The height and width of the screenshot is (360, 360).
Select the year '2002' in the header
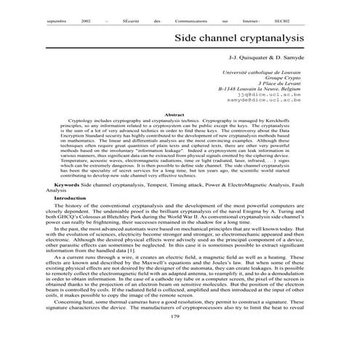pos(87,23)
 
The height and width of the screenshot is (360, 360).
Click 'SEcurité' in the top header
pos(132,23)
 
